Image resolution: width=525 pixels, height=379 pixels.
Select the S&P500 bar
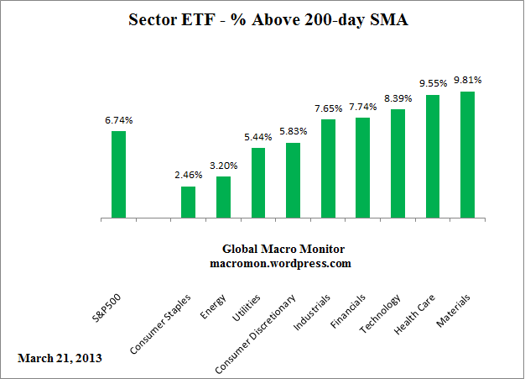[118, 175]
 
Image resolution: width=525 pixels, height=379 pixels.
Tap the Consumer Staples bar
[188, 203]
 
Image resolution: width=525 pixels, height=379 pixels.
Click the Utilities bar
[258, 183]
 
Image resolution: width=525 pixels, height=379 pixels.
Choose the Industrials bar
[328, 169]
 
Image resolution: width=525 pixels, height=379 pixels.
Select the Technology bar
[398, 164]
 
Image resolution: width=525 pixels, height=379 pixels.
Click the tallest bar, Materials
[467, 155]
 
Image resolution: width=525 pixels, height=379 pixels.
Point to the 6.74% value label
[118, 120]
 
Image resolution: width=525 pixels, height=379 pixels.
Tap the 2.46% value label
[188, 176]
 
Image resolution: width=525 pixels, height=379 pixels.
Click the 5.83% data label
[293, 132]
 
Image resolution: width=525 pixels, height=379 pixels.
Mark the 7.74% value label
[362, 107]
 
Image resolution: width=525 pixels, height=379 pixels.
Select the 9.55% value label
[433, 84]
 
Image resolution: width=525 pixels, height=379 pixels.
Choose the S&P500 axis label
[105, 310]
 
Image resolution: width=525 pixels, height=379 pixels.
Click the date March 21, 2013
[60, 358]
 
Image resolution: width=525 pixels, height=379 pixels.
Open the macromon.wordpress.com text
[280, 263]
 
